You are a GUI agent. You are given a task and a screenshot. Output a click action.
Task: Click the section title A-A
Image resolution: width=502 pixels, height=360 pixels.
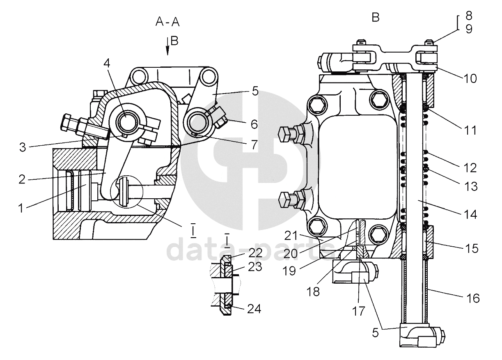click(167, 22)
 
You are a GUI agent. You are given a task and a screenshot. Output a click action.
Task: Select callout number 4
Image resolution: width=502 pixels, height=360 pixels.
click(107, 64)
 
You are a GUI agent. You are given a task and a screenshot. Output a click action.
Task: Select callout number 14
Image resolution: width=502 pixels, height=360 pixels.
click(469, 213)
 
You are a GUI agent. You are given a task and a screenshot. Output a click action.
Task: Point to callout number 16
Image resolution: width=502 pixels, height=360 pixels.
click(473, 298)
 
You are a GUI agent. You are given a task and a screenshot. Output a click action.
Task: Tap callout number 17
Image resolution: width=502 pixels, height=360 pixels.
click(358, 311)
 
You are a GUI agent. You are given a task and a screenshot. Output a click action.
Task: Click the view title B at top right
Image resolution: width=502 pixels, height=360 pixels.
click(376, 17)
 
